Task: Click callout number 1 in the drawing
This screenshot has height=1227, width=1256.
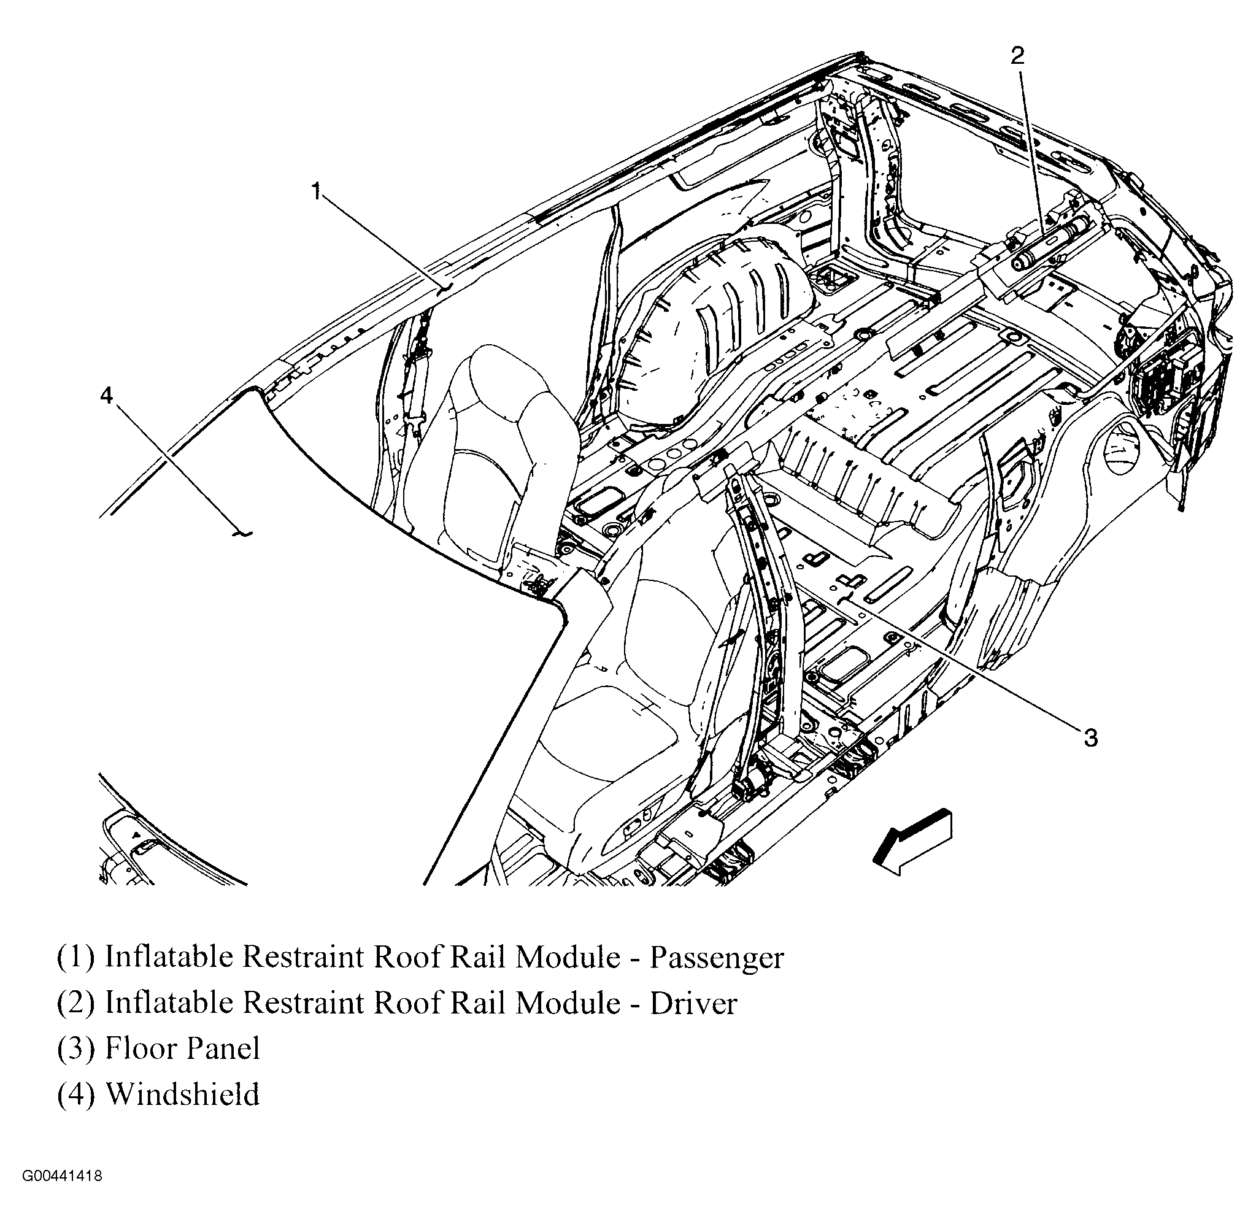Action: [x=315, y=191]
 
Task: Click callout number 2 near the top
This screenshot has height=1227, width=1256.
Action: [x=1016, y=56]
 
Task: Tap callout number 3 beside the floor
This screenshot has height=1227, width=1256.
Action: [x=1090, y=738]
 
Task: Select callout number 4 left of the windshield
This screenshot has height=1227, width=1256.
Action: [x=106, y=395]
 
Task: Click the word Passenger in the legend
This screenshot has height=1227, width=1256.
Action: [x=716, y=958]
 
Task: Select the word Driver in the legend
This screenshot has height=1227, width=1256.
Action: [x=693, y=1004]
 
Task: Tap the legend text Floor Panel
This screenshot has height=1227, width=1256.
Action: [x=182, y=1048]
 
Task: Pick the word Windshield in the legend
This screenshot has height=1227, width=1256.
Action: [x=182, y=1094]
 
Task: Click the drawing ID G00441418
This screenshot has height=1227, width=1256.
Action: [x=62, y=1176]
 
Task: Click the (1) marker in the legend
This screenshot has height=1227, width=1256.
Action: [x=75, y=958]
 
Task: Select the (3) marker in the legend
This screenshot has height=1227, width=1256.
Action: [x=75, y=1048]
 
